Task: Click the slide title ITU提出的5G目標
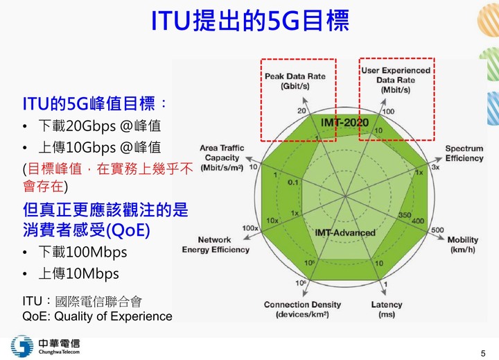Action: point(250,21)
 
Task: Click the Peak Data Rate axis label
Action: point(295,81)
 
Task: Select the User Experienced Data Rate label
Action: point(396,80)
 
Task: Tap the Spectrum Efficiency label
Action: point(464,153)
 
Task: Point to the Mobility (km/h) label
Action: point(463,244)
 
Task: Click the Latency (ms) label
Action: point(386,309)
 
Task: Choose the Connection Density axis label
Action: point(302,309)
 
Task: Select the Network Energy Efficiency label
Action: point(216,244)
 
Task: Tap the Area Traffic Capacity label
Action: point(222,157)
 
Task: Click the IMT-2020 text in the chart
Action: point(344,123)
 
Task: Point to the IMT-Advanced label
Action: point(345,232)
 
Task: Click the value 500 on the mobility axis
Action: point(437,230)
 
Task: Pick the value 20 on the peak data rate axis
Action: point(301,111)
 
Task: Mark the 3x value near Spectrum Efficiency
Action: point(435,167)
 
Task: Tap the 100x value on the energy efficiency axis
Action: point(250,228)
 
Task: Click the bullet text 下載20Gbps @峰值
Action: point(100,126)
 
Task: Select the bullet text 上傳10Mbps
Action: point(78,274)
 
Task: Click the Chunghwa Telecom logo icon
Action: point(22,346)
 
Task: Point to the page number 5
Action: point(483,353)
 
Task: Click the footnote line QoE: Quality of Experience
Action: point(97,316)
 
